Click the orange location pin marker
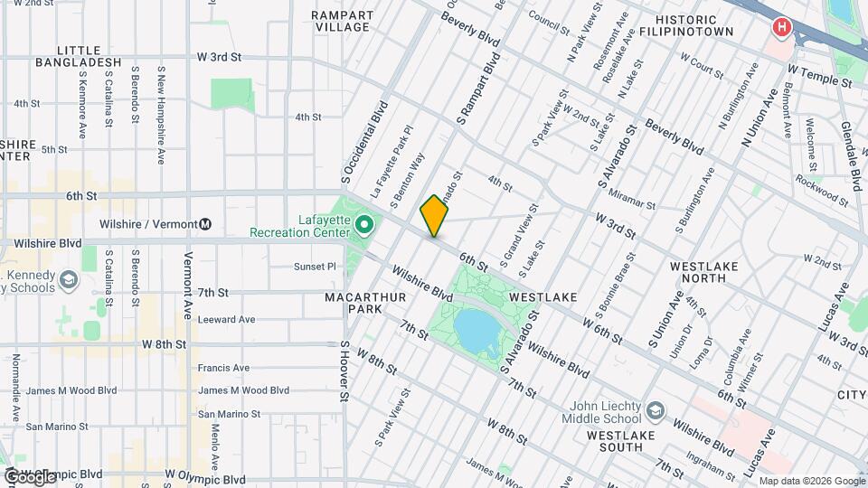pos(435,216)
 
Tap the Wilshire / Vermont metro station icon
pos(206,224)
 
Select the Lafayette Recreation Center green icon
pos(364,223)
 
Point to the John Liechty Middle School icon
pos(653,412)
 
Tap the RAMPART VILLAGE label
pos(341,21)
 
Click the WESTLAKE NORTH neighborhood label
pos(704,273)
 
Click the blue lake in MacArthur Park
pos(477,332)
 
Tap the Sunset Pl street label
pos(314,267)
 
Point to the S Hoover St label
pos(344,371)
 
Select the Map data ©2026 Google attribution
pos(810,480)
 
